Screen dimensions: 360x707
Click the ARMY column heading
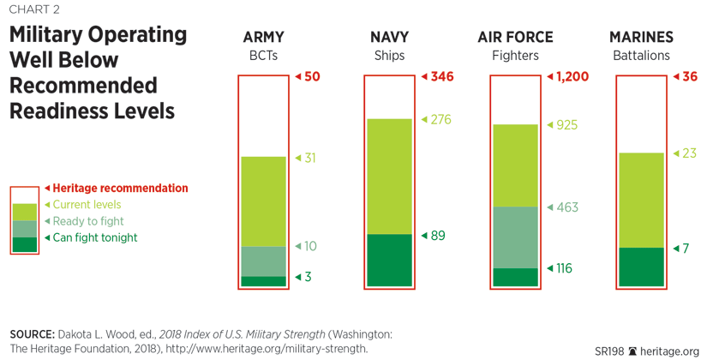263,38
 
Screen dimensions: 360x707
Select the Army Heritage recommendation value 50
312,76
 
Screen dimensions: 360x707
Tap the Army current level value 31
310,158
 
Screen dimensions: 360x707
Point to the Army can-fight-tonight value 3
309,277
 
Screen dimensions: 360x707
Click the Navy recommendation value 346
441,76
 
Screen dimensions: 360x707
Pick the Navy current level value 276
440,119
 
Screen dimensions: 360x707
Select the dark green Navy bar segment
390,260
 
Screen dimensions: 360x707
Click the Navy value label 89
438,236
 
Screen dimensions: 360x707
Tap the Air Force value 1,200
572,76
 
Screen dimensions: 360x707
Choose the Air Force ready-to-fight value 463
567,207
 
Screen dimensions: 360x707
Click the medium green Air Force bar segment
515,237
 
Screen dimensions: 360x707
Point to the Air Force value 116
563,268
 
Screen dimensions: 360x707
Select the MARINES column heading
641,38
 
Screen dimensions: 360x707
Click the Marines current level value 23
689,153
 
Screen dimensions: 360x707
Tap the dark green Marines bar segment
641,267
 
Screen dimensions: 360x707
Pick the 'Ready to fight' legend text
88,221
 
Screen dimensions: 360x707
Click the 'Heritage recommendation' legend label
120,188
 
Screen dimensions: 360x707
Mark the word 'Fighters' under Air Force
515,56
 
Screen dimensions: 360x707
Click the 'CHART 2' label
35,10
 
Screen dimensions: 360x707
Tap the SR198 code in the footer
609,351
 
